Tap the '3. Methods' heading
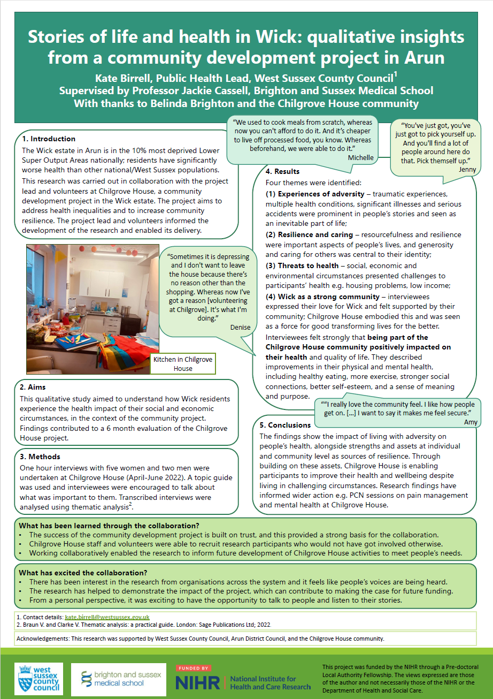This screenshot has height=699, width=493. click(40, 457)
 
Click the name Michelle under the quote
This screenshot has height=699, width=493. click(361, 158)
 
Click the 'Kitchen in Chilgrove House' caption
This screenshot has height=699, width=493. click(182, 364)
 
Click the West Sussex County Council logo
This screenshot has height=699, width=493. click(38, 679)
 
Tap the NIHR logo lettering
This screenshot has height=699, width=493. click(197, 682)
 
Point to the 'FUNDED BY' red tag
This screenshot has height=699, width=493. click(194, 668)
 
